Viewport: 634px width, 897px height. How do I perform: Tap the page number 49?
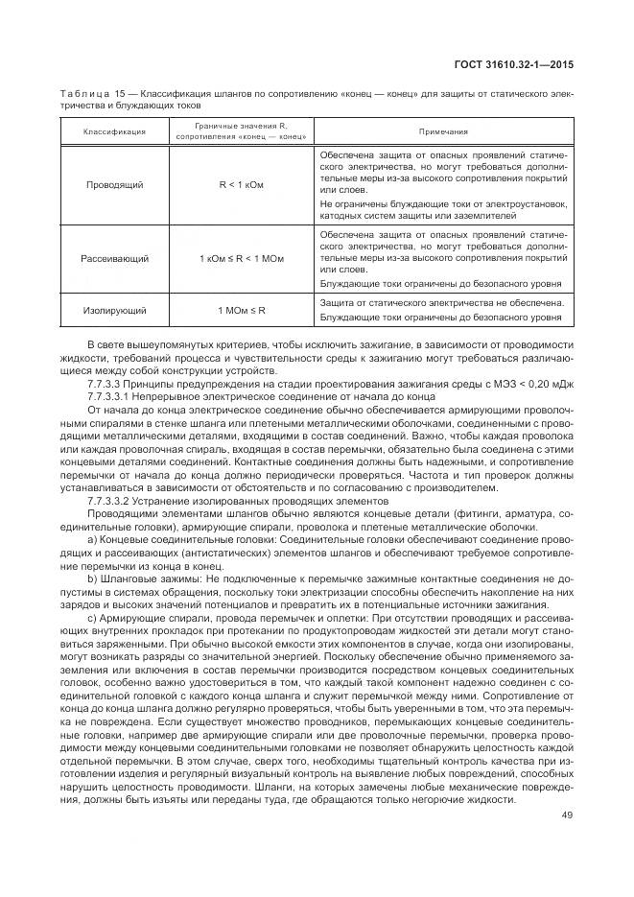566,816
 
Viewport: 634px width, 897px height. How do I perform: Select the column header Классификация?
113,131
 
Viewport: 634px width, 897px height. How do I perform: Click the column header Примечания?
442,131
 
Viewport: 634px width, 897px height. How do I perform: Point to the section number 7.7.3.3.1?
110,396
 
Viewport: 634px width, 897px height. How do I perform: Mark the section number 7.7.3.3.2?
110,500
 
